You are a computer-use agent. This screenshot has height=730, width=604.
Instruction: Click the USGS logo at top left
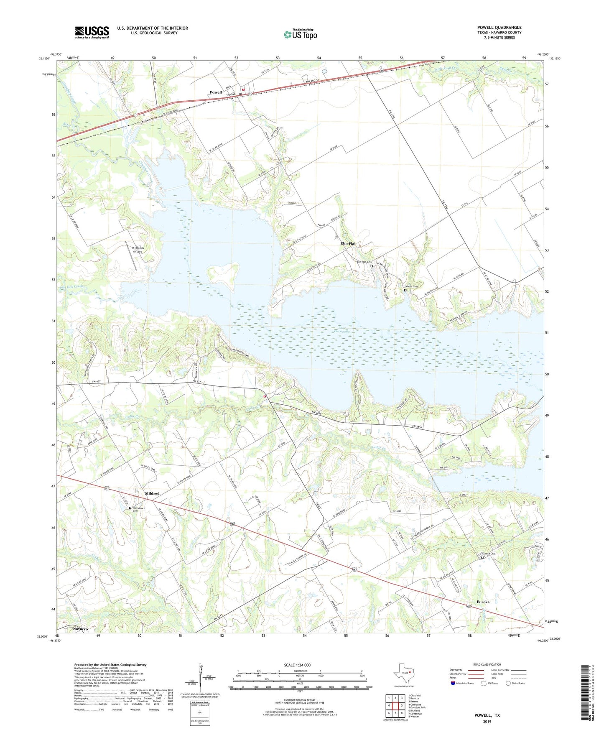click(92, 32)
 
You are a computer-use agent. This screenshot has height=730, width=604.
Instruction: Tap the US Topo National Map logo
click(300, 34)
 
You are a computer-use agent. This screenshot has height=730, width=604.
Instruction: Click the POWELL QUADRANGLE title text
click(499, 28)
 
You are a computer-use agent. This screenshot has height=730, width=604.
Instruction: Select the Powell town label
click(216, 92)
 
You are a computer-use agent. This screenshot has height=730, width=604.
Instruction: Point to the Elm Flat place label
click(348, 243)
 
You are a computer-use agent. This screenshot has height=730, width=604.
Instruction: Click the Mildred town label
click(152, 493)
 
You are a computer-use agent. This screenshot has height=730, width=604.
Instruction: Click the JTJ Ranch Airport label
click(137, 250)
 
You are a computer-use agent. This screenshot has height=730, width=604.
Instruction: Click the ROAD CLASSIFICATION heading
click(487, 664)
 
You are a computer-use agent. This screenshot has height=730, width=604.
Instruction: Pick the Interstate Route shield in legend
click(453, 683)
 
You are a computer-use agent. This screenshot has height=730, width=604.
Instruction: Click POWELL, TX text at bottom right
click(487, 715)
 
